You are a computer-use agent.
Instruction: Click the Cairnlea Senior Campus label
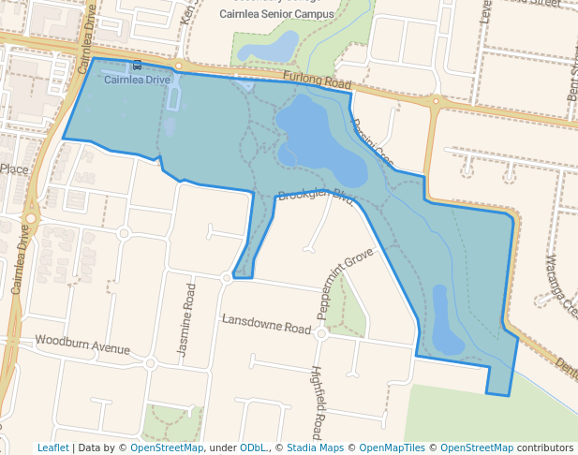pyautogui.click(x=275, y=14)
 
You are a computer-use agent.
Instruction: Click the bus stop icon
pyautogui.click(x=138, y=66)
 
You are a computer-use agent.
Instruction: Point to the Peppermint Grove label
pyautogui.click(x=344, y=272)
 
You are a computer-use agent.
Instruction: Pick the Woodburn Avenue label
pyautogui.click(x=82, y=345)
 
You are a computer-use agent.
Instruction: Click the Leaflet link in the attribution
pyautogui.click(x=52, y=448)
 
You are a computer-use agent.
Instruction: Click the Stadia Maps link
pyautogui.click(x=315, y=448)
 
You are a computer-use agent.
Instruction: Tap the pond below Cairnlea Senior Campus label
pyautogui.click(x=272, y=45)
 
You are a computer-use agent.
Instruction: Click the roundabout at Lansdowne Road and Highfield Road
pyautogui.click(x=321, y=333)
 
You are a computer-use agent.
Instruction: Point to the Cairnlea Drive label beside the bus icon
pyautogui.click(x=137, y=80)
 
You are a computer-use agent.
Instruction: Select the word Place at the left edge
pyautogui.click(x=15, y=169)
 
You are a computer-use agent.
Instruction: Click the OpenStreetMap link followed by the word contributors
pyautogui.click(x=477, y=448)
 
